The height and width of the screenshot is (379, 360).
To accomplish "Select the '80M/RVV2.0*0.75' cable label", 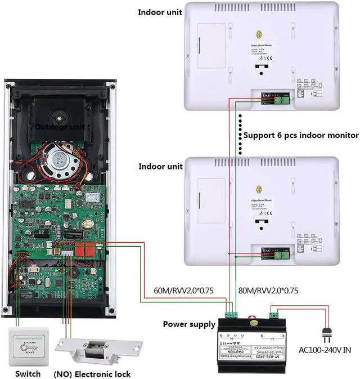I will (x=268, y=291).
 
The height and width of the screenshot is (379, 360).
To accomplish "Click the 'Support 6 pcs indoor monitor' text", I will (x=301, y=135).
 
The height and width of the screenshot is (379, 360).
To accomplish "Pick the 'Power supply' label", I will (x=189, y=324).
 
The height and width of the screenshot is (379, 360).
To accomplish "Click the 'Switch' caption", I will (x=28, y=374).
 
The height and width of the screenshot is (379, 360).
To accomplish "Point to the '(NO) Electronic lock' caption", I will (x=92, y=374).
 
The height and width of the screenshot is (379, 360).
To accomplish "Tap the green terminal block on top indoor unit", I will (x=277, y=99).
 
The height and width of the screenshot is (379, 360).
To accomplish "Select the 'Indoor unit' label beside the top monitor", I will (x=160, y=12).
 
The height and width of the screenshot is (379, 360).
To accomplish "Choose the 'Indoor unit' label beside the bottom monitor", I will (x=160, y=167).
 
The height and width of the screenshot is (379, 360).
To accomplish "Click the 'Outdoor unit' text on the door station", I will (x=60, y=127).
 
